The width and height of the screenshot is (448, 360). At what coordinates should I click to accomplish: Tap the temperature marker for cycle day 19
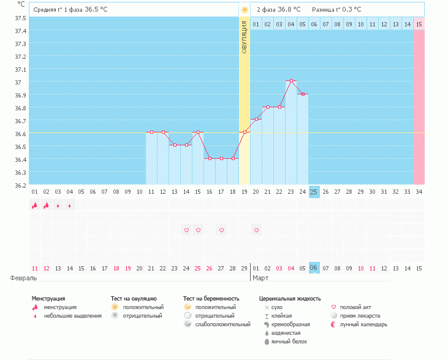[245, 132]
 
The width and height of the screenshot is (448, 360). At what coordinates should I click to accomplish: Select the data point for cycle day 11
[151, 132]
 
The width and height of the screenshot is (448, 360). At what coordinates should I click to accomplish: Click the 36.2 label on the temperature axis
[20, 185]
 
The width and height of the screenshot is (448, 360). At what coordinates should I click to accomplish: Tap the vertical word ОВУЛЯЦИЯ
[245, 37]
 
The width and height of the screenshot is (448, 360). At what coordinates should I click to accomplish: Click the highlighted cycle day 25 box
[314, 191]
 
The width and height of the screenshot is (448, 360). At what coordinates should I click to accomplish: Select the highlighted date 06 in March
[314, 269]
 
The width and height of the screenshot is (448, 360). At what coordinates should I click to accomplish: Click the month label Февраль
[20, 278]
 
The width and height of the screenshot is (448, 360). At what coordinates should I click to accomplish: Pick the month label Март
[259, 278]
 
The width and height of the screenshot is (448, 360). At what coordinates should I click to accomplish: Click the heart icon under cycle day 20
[257, 230]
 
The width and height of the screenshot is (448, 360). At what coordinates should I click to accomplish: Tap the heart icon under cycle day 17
[221, 230]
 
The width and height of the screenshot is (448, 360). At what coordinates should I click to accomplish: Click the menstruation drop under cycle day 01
[34, 205]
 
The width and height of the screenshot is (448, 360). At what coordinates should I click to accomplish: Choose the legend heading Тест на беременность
[211, 298]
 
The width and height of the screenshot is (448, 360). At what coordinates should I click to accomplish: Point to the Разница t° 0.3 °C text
[336, 10]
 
